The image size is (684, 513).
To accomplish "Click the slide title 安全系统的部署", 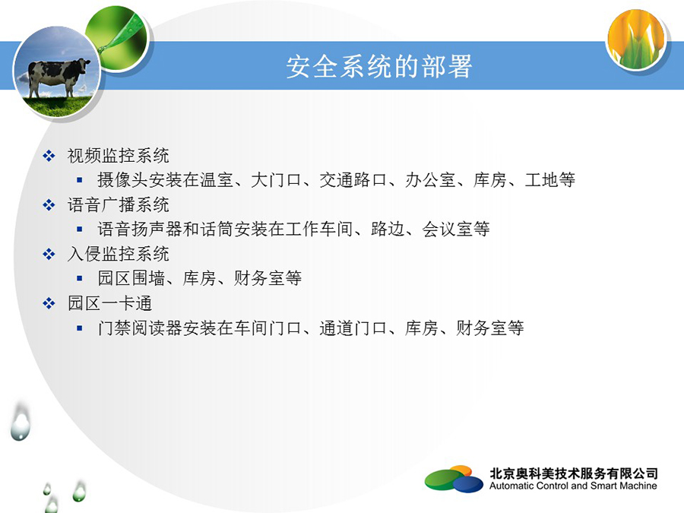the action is (x=378, y=67).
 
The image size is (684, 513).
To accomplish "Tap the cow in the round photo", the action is (x=58, y=76).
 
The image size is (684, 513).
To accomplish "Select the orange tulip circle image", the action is (x=636, y=40).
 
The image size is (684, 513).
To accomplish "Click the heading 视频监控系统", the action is (x=119, y=156).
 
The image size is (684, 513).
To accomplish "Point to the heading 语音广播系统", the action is (x=119, y=205).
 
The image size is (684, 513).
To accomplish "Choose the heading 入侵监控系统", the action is (x=119, y=255).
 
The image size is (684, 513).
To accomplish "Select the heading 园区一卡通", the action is (x=109, y=303).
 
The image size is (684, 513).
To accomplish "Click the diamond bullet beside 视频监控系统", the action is (x=49, y=156).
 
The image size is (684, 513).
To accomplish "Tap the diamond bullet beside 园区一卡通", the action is (x=49, y=303).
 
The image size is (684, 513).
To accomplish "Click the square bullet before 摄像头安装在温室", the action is (x=79, y=179).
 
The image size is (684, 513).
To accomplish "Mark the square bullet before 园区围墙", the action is (x=79, y=278).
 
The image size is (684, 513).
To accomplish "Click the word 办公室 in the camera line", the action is (x=431, y=179).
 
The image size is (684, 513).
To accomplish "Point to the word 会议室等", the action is (x=456, y=229).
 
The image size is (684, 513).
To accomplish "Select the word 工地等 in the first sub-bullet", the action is (x=549, y=179).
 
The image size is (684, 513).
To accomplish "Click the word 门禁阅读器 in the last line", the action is (x=140, y=328).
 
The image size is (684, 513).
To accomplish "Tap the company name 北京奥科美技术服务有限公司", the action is (x=574, y=473).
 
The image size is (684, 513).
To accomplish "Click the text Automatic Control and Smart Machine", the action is (x=573, y=486).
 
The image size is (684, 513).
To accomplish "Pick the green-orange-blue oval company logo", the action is (x=454, y=479).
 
